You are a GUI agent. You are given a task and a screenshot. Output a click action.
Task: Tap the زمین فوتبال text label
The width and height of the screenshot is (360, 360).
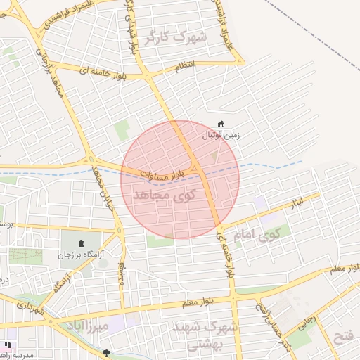point(221,134)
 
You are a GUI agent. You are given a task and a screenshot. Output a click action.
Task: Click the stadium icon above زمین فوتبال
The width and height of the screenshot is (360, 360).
point(221,124)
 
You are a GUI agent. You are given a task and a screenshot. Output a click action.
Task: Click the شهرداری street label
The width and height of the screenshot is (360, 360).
point(31,308)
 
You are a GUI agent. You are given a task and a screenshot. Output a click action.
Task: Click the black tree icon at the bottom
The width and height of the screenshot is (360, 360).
point(106,354)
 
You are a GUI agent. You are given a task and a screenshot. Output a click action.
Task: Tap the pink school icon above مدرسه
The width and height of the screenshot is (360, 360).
point(8,345)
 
